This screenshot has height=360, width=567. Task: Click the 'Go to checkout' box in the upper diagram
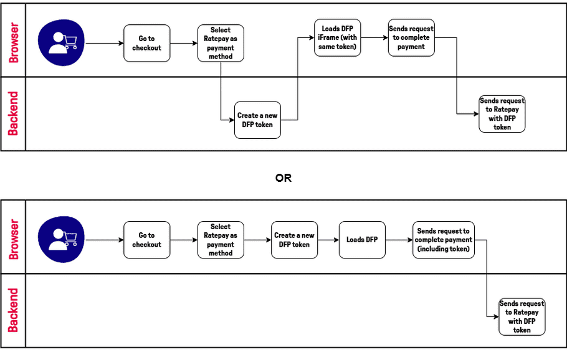146,43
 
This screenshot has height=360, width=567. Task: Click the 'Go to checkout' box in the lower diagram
146,240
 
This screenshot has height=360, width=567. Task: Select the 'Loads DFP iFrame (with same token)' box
337,38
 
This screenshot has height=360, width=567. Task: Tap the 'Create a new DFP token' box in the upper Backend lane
257,120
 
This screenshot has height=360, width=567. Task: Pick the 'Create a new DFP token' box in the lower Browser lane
294,240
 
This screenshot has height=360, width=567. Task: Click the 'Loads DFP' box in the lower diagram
362,240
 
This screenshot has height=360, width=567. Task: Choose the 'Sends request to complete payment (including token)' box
444,240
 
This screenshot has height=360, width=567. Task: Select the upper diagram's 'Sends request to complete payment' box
411,38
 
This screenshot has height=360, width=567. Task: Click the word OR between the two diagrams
283,178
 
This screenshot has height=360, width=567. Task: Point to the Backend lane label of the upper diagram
13,114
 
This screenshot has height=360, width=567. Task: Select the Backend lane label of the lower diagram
13,310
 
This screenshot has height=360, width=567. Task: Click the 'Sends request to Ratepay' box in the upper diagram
502,114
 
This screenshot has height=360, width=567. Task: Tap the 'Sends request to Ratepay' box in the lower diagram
522,316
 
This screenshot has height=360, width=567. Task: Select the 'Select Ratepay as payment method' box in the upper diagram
221,43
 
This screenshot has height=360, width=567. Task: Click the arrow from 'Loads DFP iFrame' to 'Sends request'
374,38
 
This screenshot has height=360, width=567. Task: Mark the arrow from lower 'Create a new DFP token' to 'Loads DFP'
328,240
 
